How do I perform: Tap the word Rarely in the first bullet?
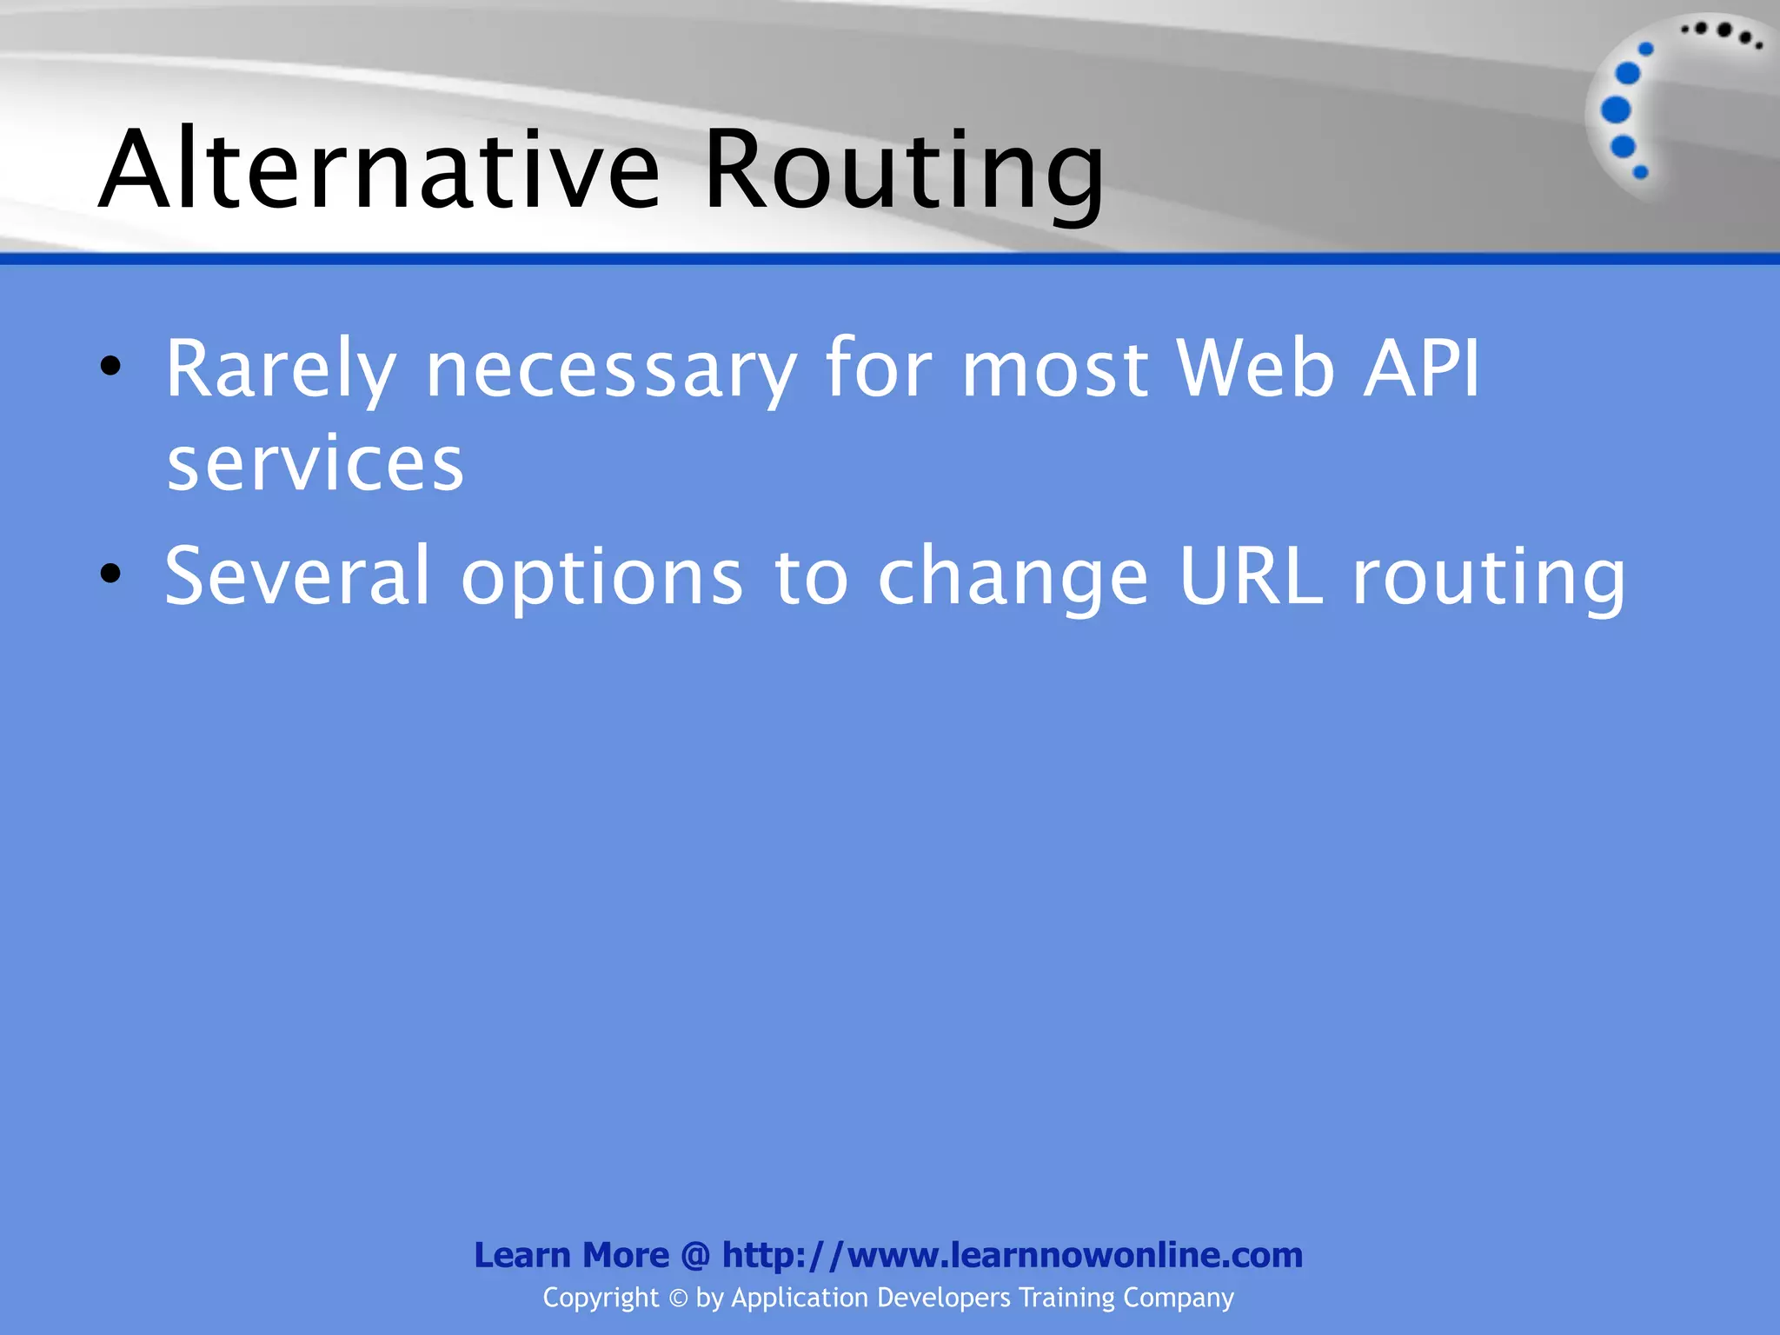tap(281, 370)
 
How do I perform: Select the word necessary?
tap(610, 370)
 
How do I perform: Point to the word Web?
tap(1255, 369)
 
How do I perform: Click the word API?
tap(1422, 369)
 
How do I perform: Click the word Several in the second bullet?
tap(297, 575)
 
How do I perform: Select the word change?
tap(1013, 577)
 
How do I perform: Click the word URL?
tap(1251, 575)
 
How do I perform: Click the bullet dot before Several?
tap(110, 574)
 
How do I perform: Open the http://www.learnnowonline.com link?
tap(1013, 1255)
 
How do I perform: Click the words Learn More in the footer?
tap(571, 1255)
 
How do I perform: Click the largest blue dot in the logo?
tap(1616, 110)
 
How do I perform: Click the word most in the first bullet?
tap(1054, 370)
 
